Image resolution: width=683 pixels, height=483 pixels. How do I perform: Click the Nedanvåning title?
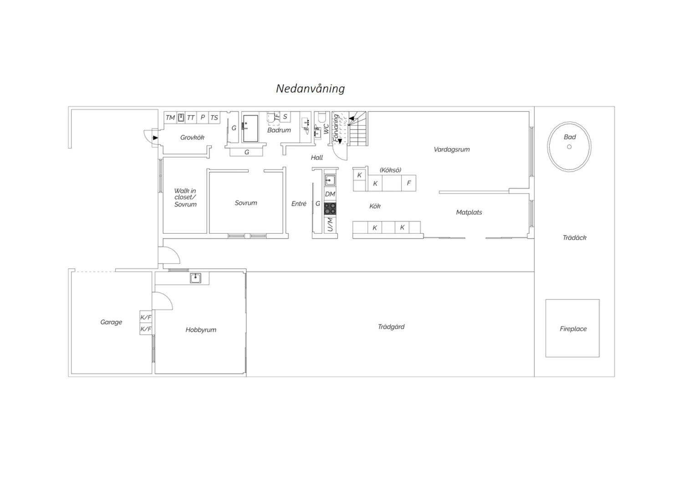coord(311,89)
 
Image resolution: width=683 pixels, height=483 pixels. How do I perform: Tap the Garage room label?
coord(111,322)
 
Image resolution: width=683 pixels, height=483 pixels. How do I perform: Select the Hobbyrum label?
coord(201,330)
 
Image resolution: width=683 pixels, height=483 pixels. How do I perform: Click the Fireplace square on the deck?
coord(572,328)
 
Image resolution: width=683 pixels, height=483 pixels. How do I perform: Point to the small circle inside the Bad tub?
coord(569,147)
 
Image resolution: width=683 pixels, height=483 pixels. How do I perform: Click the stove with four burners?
coord(330,209)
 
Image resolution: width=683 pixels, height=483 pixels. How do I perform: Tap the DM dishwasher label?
coord(330,194)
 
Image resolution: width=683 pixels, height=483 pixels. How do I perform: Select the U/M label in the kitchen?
coord(330,224)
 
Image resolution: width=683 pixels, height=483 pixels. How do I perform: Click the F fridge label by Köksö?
coord(409,183)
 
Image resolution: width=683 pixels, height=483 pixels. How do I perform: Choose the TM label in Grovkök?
coord(170,118)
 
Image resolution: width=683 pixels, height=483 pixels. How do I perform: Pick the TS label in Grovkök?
coord(214,118)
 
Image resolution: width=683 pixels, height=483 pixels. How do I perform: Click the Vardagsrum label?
coord(452,149)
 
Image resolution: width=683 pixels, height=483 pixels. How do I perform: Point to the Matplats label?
coord(469,212)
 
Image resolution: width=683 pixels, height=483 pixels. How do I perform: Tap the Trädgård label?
coord(391,327)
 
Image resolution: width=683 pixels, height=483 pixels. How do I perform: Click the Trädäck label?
coord(575,238)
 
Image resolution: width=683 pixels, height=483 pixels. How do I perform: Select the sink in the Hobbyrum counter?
coord(195,278)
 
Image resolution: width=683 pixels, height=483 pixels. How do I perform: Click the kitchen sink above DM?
coord(330,180)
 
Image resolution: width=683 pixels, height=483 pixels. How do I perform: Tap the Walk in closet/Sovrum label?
coord(185,198)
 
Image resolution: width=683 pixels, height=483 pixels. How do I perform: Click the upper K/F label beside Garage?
coord(146,317)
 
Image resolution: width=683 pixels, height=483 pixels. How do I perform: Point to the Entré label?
coord(299,204)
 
